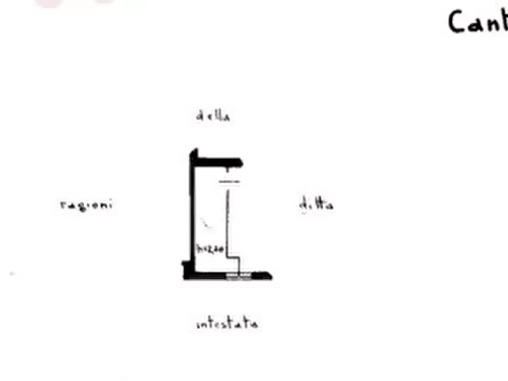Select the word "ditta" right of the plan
316,204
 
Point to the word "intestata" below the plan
226,325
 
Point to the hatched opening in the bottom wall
239,276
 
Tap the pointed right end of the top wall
243,164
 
